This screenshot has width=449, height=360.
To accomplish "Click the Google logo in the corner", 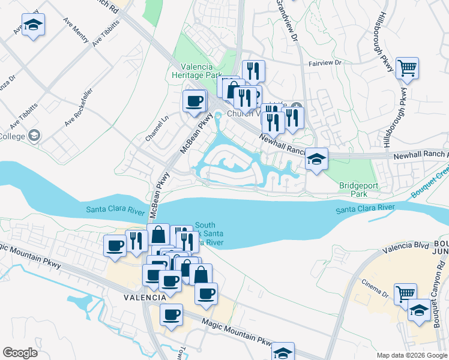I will click(x=20, y=353).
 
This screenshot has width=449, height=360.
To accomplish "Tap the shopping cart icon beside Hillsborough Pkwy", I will click(x=407, y=68).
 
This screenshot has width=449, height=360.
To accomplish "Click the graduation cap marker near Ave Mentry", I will click(x=34, y=25).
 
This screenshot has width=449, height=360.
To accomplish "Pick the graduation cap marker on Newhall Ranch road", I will click(x=316, y=160).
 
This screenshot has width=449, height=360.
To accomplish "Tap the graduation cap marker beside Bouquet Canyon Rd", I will click(x=419, y=310).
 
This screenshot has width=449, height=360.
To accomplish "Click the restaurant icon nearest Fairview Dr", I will click(x=253, y=71).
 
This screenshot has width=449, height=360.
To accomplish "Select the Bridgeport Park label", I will click(x=359, y=190).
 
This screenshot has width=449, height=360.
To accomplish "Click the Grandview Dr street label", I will click(x=287, y=20).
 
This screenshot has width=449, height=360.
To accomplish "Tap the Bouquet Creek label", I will click(x=430, y=184).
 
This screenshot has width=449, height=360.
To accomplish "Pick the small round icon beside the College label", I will click(x=34, y=136).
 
